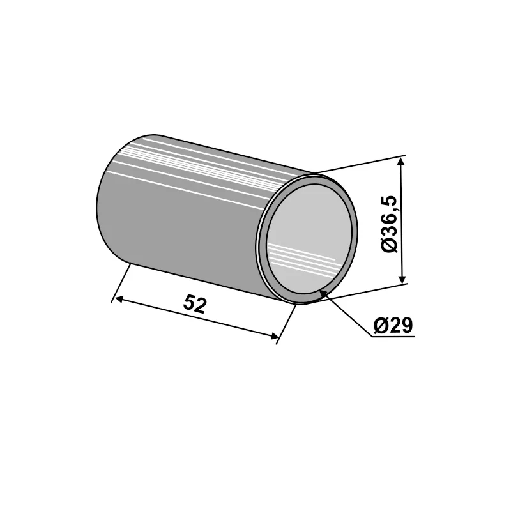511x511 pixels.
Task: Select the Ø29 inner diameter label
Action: pyautogui.click(x=393, y=326)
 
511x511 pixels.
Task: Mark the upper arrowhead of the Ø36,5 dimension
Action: pyautogui.click(x=402, y=161)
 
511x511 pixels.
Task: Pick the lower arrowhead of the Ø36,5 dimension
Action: pyautogui.click(x=402, y=278)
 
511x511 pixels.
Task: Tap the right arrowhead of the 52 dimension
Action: pyautogui.click(x=275, y=336)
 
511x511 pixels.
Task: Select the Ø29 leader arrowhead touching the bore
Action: pyautogui.click(x=323, y=293)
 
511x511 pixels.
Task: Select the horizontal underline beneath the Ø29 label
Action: pyautogui.click(x=393, y=336)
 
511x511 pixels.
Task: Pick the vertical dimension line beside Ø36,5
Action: pyautogui.click(x=402, y=220)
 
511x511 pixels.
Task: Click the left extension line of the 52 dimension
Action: pyautogui.click(x=121, y=281)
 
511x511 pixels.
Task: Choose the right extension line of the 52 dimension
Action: pyautogui.click(x=287, y=323)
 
